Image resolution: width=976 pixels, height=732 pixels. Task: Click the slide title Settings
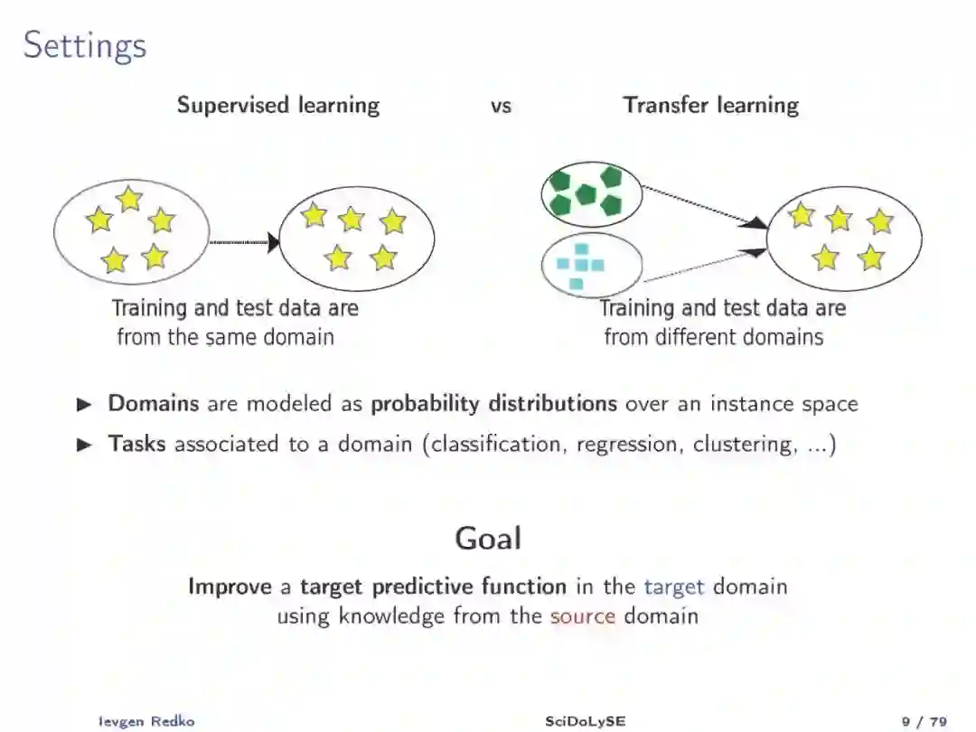click(85, 45)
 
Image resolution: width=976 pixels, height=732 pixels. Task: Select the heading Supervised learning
click(278, 105)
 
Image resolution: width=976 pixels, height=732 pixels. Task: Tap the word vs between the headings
click(501, 106)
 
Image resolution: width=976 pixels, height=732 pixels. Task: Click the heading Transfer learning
click(710, 105)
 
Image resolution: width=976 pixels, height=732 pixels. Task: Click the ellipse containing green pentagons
click(591, 193)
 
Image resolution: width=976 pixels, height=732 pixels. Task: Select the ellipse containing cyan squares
click(591, 265)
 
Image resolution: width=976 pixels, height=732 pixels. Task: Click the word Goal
click(488, 539)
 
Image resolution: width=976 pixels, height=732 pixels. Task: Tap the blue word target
click(673, 587)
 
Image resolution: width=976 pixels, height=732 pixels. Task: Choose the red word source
click(583, 616)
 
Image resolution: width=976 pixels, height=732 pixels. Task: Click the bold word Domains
click(154, 403)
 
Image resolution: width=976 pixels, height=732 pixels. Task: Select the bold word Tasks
click(136, 444)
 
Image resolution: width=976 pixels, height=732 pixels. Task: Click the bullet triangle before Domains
click(85, 404)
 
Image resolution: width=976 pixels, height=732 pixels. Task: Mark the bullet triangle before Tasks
click(85, 445)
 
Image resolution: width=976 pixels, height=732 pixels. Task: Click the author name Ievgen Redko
click(145, 721)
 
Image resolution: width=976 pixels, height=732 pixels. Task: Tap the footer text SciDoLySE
click(585, 721)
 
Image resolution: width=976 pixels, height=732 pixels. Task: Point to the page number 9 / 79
click(924, 721)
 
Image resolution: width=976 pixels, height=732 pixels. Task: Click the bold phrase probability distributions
click(493, 403)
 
